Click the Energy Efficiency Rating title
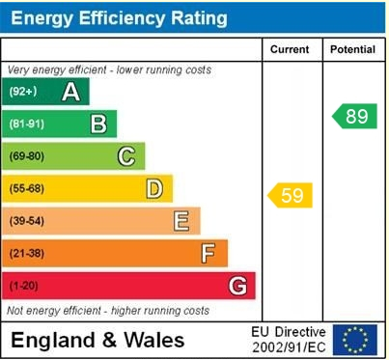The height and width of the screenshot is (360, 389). coord(120,17)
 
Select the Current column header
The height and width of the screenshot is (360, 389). coord(290,49)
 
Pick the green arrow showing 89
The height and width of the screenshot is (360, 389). coord(354,117)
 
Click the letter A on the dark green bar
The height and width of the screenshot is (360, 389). coord(70,92)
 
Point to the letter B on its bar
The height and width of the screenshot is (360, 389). coord(97,124)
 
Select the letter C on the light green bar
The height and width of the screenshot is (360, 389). coord(125,156)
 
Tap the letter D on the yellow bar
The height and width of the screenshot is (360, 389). coord(153,188)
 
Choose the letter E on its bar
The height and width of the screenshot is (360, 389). coord(181,221)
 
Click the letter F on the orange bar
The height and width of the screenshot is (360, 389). coord(208,254)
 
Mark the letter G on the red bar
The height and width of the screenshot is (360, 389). coord(236,286)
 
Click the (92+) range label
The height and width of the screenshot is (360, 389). coord(24,92)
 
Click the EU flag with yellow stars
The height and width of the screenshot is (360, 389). coord(355,340)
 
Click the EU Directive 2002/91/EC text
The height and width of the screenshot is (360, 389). coord(288,339)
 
